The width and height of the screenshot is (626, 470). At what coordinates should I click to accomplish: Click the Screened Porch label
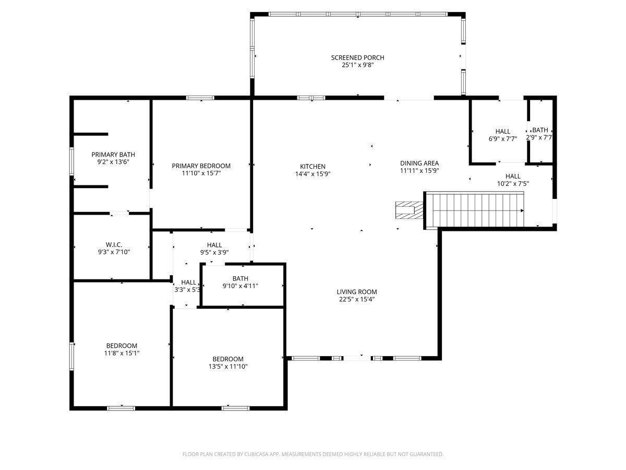[x=357, y=57]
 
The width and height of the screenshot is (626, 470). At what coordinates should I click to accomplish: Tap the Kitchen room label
[x=312, y=167]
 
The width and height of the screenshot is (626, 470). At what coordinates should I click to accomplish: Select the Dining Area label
[x=419, y=163]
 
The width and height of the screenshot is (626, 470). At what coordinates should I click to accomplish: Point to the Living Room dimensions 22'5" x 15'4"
[x=356, y=300]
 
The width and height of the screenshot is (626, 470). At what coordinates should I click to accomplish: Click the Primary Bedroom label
[x=201, y=166]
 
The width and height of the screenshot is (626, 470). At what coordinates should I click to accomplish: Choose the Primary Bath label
[x=113, y=155]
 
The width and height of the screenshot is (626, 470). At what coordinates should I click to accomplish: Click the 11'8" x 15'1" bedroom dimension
[x=122, y=353]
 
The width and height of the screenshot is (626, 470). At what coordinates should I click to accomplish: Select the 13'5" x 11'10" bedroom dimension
[x=227, y=367]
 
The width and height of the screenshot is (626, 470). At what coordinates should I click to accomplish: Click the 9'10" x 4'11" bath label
[x=240, y=286]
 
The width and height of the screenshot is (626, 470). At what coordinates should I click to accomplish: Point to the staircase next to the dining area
[x=475, y=210]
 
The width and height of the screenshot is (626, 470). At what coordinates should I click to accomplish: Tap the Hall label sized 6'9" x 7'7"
[x=503, y=131]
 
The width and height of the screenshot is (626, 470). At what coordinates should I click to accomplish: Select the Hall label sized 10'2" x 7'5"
[x=513, y=177]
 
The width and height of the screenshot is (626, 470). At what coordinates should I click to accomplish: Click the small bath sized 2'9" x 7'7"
[x=540, y=131]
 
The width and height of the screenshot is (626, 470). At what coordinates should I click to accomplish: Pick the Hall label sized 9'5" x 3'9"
[x=214, y=245]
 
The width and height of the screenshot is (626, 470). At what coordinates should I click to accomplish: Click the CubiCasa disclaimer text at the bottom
[x=313, y=454]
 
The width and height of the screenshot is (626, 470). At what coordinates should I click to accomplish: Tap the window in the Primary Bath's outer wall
[x=72, y=162]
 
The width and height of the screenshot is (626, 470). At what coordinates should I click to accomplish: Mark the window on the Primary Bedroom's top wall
[x=200, y=98]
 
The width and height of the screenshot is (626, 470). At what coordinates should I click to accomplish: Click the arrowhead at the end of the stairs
[x=522, y=210]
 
